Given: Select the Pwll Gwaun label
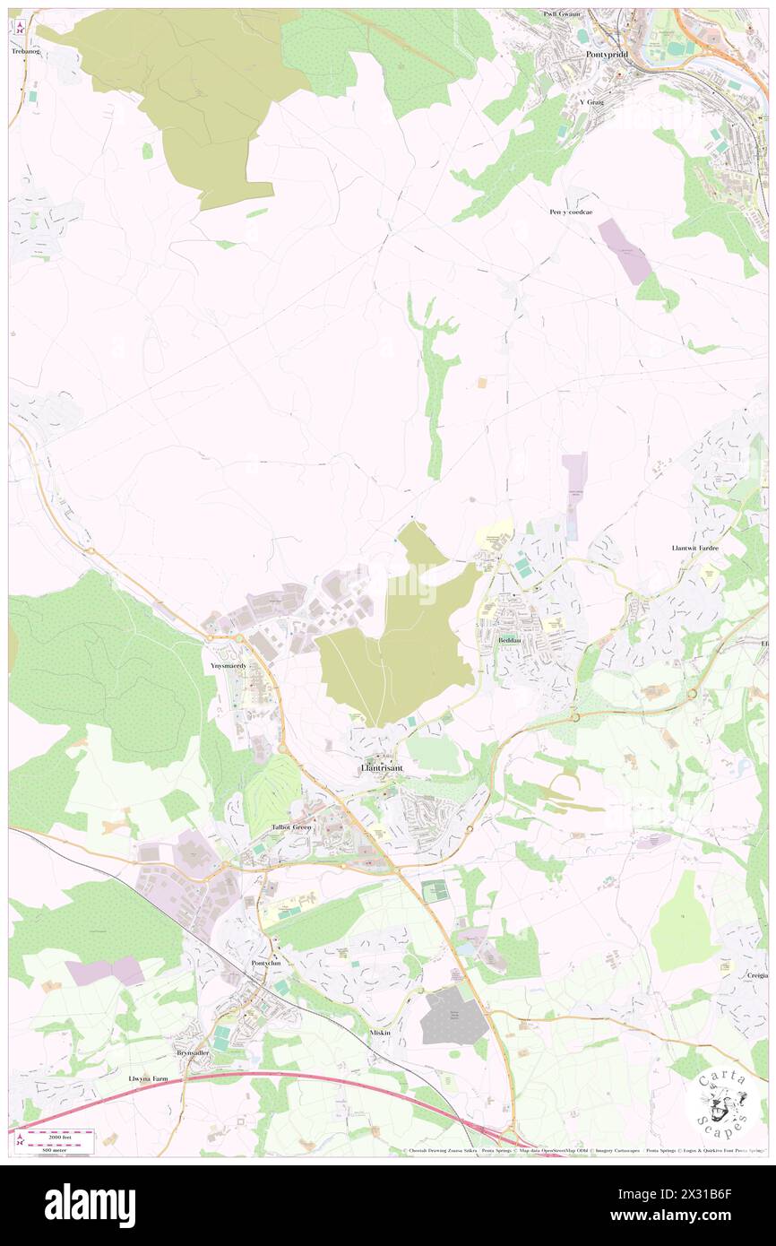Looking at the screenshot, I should [562, 14].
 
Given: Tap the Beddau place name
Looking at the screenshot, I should [511, 641].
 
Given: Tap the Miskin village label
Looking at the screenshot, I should [381, 1033].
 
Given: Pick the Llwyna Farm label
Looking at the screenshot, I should [147, 1079].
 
